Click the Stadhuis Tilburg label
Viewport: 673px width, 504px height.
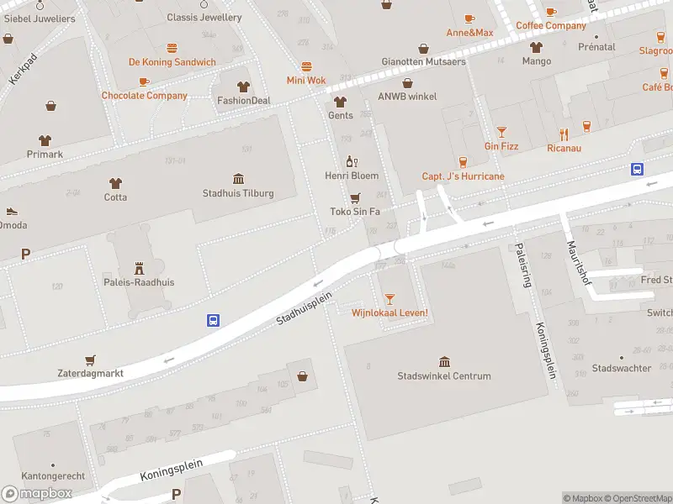click(x=238, y=193)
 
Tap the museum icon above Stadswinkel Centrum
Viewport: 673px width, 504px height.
click(x=444, y=360)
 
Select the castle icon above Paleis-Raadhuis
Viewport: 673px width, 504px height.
click(x=140, y=266)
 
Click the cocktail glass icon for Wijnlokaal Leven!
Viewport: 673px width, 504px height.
click(x=389, y=298)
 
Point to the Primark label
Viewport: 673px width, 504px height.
click(x=45, y=155)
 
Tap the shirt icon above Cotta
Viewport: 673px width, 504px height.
click(x=116, y=182)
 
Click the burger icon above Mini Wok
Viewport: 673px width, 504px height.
click(x=306, y=66)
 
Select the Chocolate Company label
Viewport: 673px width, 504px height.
click(x=145, y=96)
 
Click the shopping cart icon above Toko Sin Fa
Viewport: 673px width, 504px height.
click(x=355, y=197)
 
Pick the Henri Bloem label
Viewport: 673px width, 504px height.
click(x=352, y=176)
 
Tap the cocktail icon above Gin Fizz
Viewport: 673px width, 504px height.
click(x=501, y=132)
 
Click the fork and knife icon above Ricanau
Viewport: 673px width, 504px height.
click(x=564, y=134)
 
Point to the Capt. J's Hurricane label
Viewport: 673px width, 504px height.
click(x=463, y=176)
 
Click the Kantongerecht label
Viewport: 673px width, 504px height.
click(x=52, y=476)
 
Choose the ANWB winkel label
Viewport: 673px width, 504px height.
click(x=407, y=97)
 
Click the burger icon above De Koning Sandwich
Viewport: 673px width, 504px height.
click(x=172, y=48)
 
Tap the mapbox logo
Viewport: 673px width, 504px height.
click(x=37, y=494)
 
